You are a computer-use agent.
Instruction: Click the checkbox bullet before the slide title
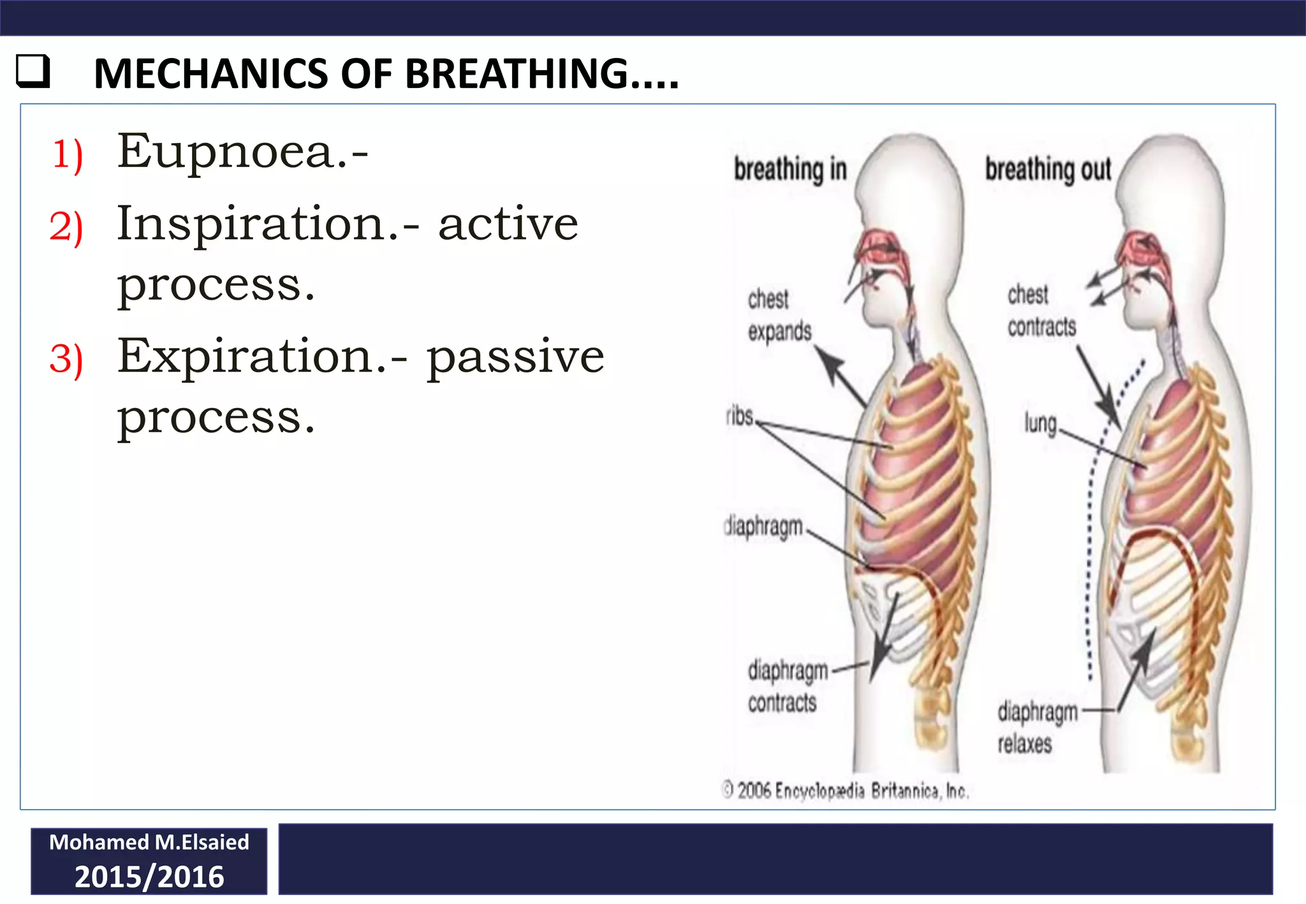tap(33, 71)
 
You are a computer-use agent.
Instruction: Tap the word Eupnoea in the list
tap(226, 152)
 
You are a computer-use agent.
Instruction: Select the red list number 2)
tap(66, 227)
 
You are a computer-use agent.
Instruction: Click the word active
tap(508, 224)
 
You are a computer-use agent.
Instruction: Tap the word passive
tap(515, 357)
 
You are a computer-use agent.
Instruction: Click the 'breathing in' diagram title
tap(790, 170)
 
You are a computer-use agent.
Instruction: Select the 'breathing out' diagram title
tap(1048, 170)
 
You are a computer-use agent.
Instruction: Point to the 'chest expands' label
tap(779, 315)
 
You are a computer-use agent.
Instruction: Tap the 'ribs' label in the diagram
tap(740, 416)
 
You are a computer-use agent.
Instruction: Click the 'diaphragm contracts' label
tap(787, 686)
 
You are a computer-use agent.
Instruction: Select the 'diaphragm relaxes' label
tap(1037, 727)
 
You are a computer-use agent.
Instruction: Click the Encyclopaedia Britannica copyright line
tap(846, 791)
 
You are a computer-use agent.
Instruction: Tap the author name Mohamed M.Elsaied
tap(149, 842)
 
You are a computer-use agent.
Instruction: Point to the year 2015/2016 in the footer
tap(149, 877)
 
